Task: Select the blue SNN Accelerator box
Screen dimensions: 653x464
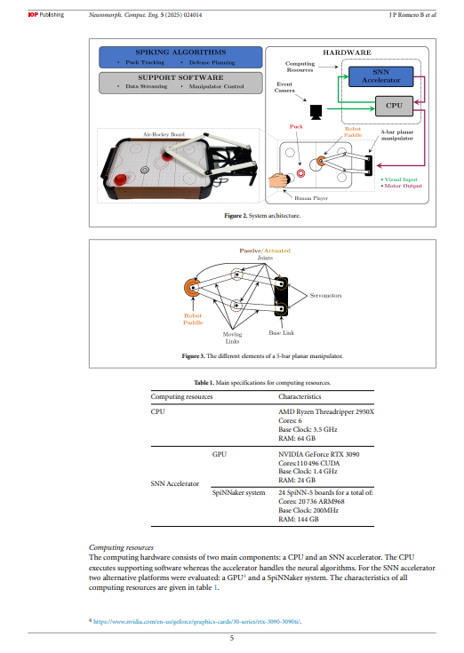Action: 381,76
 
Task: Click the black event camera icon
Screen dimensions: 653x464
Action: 314,112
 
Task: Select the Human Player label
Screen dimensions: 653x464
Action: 311,198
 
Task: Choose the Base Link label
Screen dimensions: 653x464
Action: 282,332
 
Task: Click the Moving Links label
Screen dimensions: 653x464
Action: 233,336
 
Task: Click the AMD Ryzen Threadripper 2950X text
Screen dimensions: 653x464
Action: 326,412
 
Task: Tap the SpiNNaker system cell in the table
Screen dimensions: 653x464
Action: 239,492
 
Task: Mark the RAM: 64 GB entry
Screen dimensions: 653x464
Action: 297,438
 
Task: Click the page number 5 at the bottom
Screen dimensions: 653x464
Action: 232,638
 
